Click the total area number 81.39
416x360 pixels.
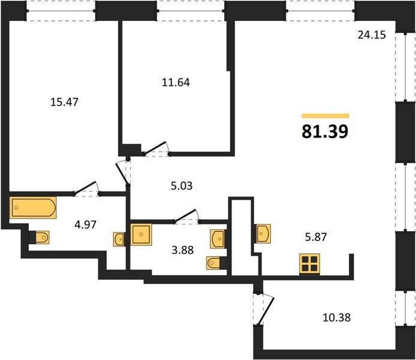point(325,131)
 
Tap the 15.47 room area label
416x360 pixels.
point(64,102)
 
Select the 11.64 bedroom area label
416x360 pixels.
point(176,83)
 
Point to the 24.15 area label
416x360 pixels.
point(372,35)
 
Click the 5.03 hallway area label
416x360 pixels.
point(182,186)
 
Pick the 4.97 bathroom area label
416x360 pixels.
point(86,225)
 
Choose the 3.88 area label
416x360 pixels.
point(183,250)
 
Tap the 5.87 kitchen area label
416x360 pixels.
point(316,236)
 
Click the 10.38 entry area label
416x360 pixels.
point(337,317)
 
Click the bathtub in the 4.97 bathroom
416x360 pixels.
point(33,208)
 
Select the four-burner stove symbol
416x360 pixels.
point(310,263)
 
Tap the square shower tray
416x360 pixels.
point(141,235)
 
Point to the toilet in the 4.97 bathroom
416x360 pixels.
point(42,237)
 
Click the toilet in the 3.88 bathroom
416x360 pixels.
point(213,263)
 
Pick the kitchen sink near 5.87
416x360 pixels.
point(263,233)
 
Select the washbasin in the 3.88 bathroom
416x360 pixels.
point(217,239)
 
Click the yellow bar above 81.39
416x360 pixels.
point(325,115)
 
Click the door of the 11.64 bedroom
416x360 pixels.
point(155,148)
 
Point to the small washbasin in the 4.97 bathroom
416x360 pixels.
point(119,239)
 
